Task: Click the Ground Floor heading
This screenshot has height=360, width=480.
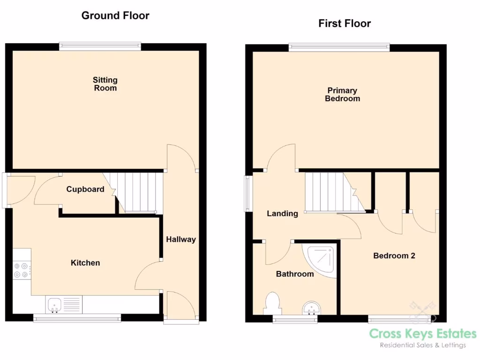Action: click(x=115, y=15)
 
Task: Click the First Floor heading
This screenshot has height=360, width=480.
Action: click(x=345, y=23)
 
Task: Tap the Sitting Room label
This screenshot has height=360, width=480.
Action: click(x=105, y=84)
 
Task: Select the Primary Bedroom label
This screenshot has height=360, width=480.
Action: click(x=343, y=94)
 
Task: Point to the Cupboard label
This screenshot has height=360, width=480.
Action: click(x=85, y=189)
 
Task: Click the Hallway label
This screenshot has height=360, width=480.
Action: click(x=181, y=240)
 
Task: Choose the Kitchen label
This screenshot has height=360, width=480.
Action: click(x=85, y=263)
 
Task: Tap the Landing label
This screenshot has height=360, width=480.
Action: click(x=282, y=214)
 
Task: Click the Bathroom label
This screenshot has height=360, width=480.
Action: click(x=295, y=274)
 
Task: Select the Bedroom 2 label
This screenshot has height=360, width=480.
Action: click(x=394, y=256)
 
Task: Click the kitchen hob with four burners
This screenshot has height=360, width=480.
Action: click(x=22, y=270)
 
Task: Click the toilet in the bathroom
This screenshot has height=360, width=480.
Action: click(x=272, y=302)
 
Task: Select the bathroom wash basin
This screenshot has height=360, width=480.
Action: click(x=310, y=308)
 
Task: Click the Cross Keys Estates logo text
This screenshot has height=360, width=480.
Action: click(x=422, y=334)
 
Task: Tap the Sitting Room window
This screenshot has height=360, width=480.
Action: click(x=100, y=46)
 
